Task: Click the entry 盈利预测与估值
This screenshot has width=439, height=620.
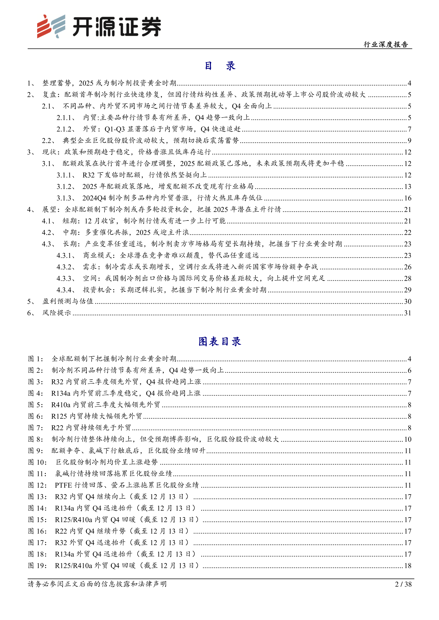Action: pos(68,301)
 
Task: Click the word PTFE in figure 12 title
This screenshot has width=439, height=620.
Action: pos(64,485)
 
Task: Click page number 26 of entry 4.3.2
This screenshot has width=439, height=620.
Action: pos(408,267)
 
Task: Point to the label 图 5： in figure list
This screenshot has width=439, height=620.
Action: pos(36,405)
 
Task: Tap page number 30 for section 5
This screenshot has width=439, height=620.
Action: pos(408,301)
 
